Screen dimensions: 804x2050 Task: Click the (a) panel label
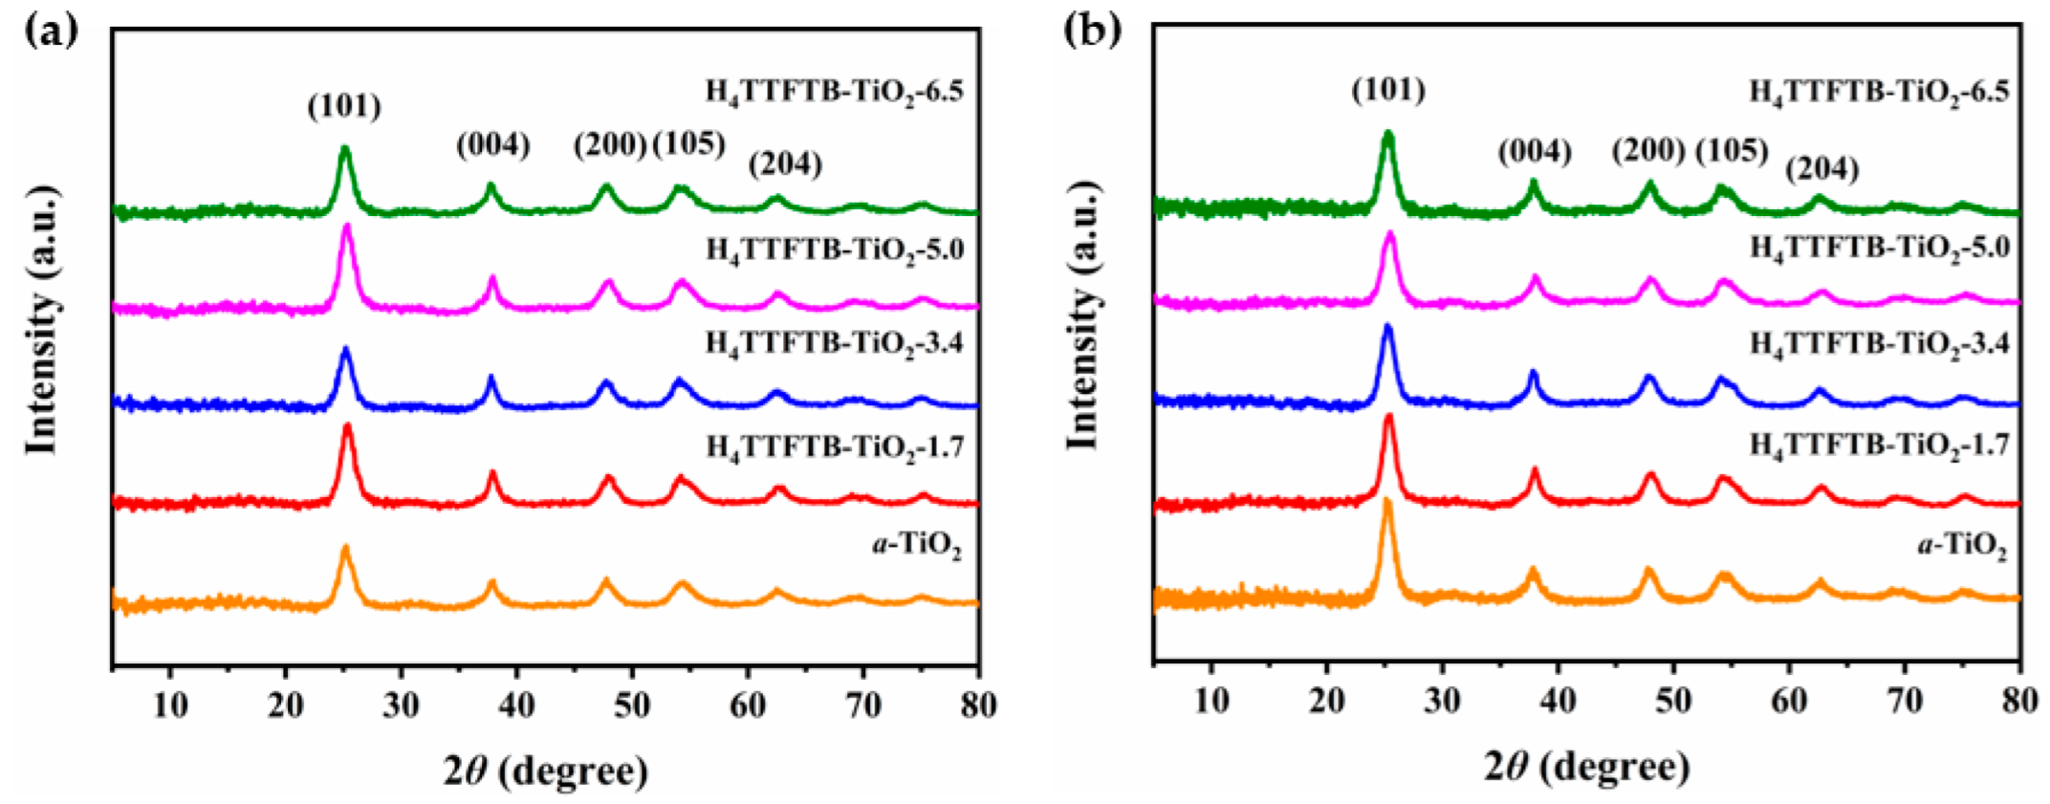click(x=51, y=31)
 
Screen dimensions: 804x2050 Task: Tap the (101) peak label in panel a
click(x=344, y=105)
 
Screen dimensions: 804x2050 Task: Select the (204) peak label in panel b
click(x=1822, y=168)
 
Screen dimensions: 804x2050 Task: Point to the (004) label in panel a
click(x=492, y=145)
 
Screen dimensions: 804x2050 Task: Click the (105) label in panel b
click(x=1732, y=150)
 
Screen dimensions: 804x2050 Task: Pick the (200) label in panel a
click(x=610, y=144)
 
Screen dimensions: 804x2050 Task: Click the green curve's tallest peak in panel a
click(x=345, y=149)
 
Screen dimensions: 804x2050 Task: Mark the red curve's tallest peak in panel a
click(x=347, y=425)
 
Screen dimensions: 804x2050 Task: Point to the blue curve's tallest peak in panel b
click(x=1387, y=327)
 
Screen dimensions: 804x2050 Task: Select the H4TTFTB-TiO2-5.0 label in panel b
click(x=1879, y=248)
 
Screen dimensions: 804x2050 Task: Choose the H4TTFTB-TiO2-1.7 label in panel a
click(x=835, y=445)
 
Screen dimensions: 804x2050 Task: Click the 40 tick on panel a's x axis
click(x=516, y=706)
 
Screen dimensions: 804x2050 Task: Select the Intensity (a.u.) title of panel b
click(x=1083, y=315)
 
